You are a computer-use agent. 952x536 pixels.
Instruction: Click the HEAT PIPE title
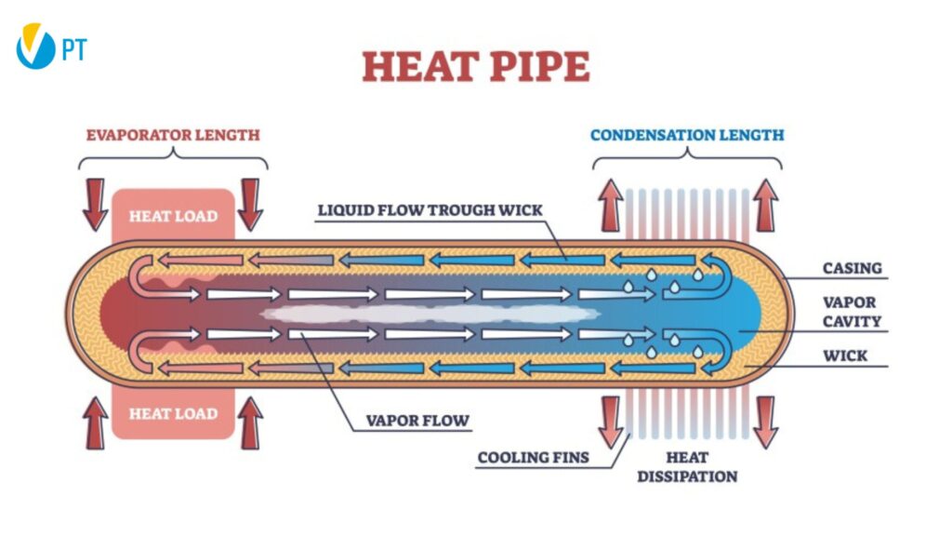pos(475,66)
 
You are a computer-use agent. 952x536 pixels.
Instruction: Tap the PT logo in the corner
pos(51,47)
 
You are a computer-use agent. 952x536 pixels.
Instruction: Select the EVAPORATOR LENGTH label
pos(173,135)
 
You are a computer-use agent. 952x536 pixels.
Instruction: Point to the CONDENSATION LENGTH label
pos(687,135)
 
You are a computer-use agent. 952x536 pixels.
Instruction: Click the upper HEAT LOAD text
pos(174,216)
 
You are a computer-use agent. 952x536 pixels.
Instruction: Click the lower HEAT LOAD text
pos(174,414)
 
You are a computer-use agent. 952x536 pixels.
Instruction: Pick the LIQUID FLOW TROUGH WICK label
pos(430,210)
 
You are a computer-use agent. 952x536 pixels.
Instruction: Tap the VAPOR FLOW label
pos(417,421)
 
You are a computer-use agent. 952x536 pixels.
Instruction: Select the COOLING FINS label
pos(533,458)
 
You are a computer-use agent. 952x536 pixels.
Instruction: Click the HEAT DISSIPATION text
pos(687,467)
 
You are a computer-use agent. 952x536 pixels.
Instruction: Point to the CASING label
pos(852,268)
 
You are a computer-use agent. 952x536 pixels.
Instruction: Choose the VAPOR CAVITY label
pos(852,312)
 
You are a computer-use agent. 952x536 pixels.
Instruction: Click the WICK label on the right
pos(845,355)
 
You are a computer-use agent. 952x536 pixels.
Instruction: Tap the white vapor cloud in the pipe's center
pos(430,314)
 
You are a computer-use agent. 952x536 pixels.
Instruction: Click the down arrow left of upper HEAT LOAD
pos(96,205)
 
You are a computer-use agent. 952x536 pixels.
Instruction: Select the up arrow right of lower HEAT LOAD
pos(250,423)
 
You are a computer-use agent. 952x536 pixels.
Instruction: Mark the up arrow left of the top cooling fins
pos(611,206)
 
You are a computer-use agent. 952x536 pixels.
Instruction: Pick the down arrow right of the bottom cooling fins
pos(766,423)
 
